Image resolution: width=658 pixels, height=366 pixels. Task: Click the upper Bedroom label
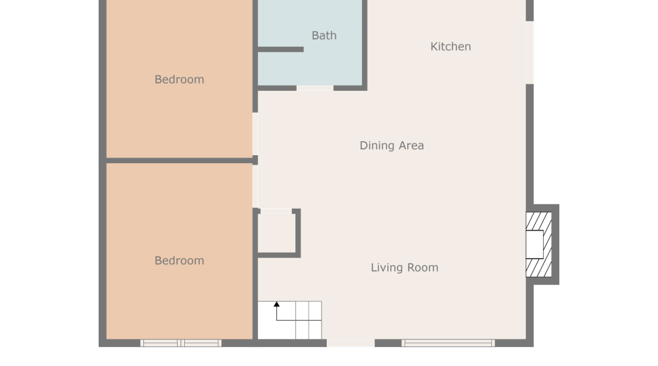pos(179,80)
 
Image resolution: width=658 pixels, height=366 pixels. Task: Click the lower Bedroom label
pos(179,261)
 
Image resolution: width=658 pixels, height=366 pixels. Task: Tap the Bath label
pos(324,35)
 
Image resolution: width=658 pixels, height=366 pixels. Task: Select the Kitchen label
pos(450,47)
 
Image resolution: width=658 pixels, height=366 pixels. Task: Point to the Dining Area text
pos(391,146)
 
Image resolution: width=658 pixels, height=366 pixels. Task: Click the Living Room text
pos(404,268)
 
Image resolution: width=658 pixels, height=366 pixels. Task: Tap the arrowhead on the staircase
pos(276,304)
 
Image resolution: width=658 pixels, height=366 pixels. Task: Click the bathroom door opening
pos(315,89)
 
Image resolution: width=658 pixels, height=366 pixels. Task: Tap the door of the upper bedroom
pos(255,133)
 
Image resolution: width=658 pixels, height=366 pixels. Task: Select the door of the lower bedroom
pos(255,187)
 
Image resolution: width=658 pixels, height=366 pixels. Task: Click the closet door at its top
pos(276,212)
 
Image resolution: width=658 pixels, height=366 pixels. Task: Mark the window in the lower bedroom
pos(181,343)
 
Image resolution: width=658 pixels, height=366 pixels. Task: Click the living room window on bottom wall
pos(448,343)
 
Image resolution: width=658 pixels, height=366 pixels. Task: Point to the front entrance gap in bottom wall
pos(350,343)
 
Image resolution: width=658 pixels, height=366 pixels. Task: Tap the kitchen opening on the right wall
pos(529,52)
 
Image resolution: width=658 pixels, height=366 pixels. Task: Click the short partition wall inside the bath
pos(280,50)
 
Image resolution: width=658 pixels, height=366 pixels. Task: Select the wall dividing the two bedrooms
pos(179,160)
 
